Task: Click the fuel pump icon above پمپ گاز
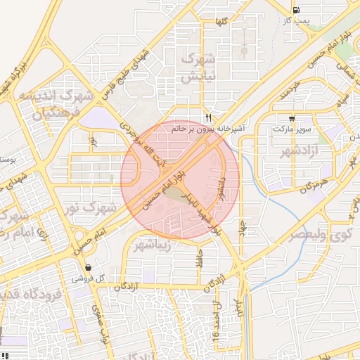(x=296, y=10)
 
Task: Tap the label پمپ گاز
(x=296, y=22)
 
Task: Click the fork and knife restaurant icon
(x=208, y=117)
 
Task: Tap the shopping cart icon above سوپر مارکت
(x=292, y=118)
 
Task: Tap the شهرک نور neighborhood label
(x=98, y=208)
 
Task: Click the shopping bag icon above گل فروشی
(x=88, y=267)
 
